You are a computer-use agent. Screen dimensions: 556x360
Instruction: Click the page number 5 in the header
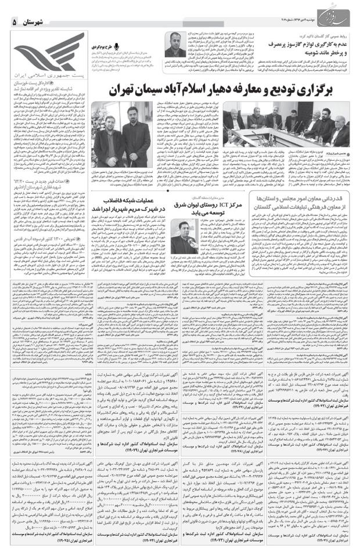(15, 21)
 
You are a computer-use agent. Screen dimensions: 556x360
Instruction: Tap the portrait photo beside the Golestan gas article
(174, 43)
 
